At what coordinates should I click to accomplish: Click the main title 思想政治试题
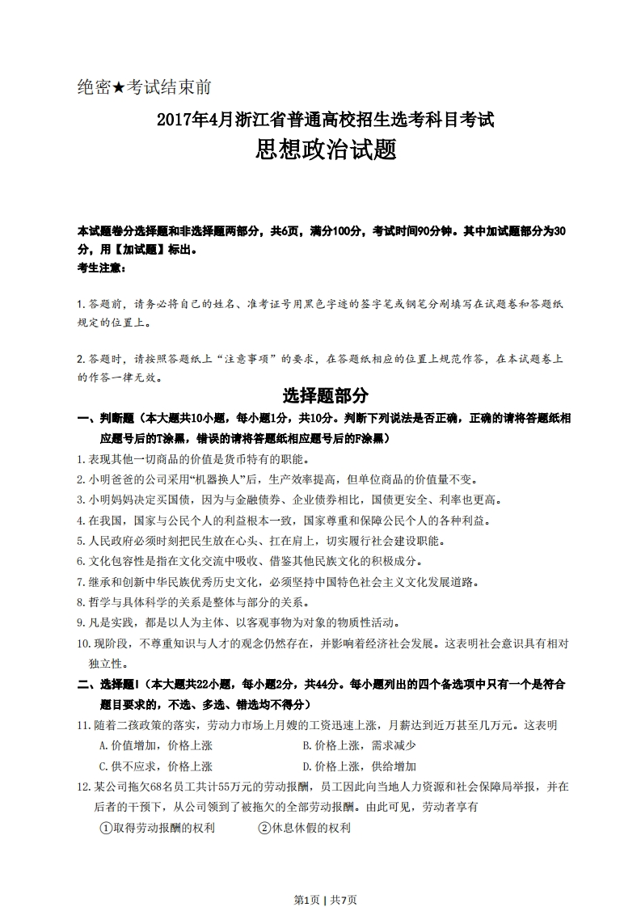point(326,149)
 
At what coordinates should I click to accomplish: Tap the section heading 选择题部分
point(326,395)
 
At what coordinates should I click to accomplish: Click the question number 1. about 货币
point(81,459)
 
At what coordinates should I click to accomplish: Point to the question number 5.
point(81,541)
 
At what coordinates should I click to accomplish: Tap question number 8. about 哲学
point(81,602)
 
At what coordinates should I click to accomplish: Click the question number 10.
point(84,643)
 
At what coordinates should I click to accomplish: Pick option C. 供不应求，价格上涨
point(155,766)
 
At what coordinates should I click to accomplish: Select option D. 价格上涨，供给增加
point(359,766)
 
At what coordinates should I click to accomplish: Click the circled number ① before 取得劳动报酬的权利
point(105,828)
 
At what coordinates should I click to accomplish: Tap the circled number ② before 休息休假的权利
point(264,828)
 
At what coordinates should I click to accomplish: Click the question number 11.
point(84,725)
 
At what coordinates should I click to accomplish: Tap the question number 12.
point(84,787)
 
